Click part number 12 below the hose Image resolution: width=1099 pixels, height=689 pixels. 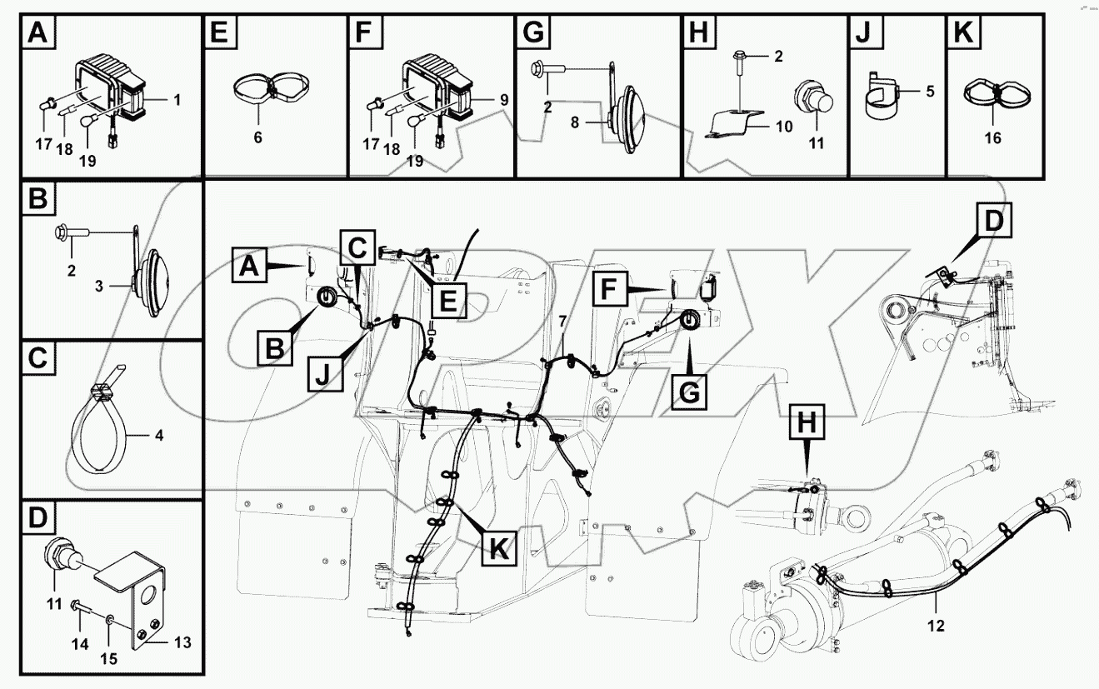(937, 626)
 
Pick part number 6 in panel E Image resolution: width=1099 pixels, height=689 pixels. (257, 137)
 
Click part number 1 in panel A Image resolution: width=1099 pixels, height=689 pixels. (176, 99)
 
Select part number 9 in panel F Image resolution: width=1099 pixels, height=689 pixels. (503, 99)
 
